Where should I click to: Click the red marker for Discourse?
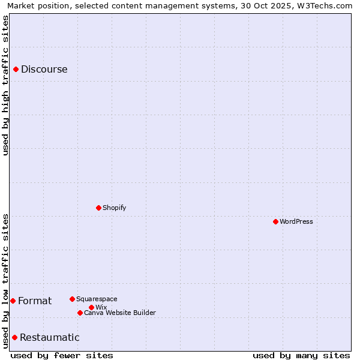coord(16,69)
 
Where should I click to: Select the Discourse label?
coord(44,69)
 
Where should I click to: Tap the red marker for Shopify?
coord(98,208)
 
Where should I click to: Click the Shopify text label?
coord(114,208)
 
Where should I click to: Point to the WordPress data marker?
coord(275,221)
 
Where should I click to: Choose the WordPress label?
coord(296,221)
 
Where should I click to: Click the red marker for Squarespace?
coord(72,299)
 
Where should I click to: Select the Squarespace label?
coord(97,299)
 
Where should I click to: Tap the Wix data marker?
coord(91,307)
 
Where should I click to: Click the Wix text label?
coord(101,307)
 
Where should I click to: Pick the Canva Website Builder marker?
coord(80,313)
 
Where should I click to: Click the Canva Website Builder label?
coord(119,313)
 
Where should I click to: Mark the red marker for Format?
coord(13,301)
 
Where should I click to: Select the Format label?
coord(35,301)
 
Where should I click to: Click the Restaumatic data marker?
coord(14,337)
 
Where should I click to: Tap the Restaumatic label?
coord(49,337)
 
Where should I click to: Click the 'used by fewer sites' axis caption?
coord(62,355)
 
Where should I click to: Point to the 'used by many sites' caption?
coord(301,355)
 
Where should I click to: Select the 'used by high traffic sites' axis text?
coord(6,85)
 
